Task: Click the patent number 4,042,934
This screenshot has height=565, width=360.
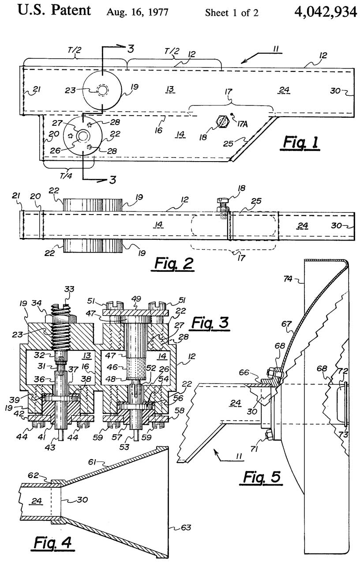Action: click(326, 11)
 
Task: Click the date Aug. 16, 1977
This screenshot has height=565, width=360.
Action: click(137, 12)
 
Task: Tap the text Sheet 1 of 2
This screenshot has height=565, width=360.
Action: click(232, 13)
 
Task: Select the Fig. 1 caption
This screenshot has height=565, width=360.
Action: click(300, 143)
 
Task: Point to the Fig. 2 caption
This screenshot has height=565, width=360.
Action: click(174, 264)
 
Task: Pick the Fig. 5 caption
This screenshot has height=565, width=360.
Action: click(262, 478)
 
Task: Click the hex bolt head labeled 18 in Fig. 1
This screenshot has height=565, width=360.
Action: click(223, 122)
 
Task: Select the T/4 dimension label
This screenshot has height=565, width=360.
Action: click(66, 176)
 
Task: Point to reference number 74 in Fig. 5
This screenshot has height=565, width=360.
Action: click(288, 279)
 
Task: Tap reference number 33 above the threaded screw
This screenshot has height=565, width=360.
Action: click(69, 289)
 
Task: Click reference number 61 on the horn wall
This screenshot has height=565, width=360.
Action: click(93, 462)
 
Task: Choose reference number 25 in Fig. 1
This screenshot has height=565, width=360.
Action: click(229, 143)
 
